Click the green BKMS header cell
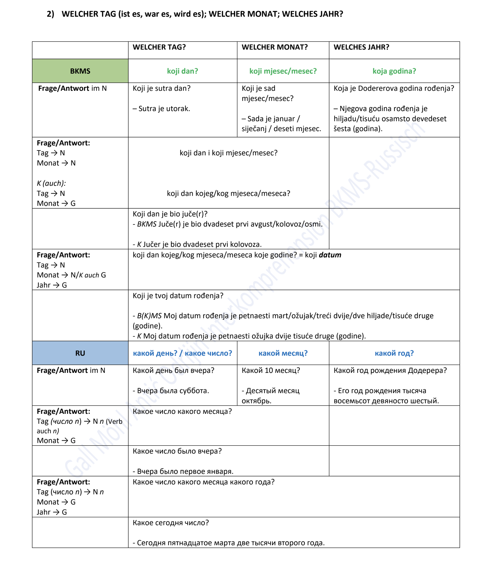click(80, 71)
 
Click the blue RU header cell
click(80, 353)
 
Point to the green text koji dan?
click(182, 71)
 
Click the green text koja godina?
click(394, 71)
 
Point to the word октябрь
click(256, 401)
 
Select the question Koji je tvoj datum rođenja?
click(178, 296)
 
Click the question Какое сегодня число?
click(171, 523)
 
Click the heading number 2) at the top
click(50, 14)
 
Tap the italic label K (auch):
click(51, 183)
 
